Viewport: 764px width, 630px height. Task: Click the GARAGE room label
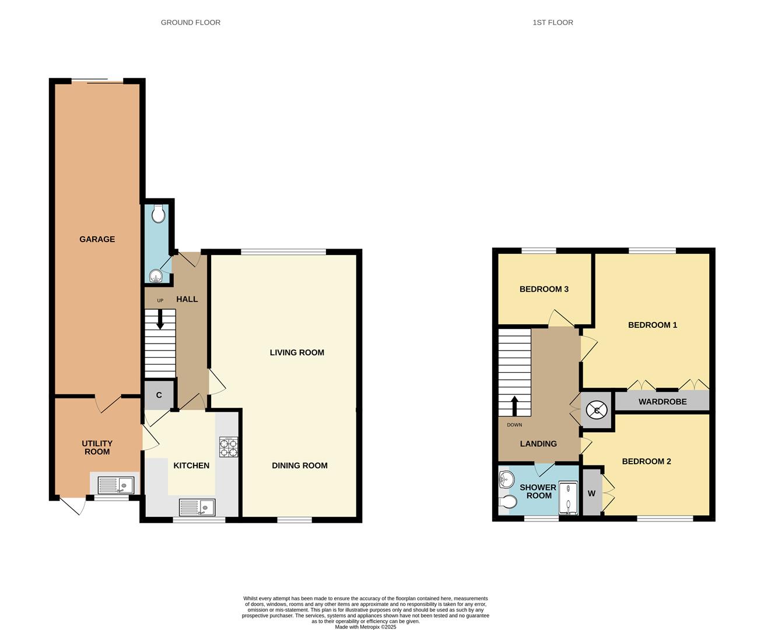click(x=97, y=239)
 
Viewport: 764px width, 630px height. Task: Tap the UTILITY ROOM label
click(x=97, y=447)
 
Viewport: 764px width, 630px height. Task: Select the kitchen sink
click(x=197, y=506)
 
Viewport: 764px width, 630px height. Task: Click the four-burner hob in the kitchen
click(x=228, y=447)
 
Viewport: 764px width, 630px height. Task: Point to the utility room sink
click(x=115, y=485)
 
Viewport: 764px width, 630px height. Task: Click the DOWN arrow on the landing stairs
click(x=514, y=405)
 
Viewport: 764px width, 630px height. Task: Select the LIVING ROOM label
click(x=297, y=352)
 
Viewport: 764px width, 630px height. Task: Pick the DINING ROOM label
click(x=299, y=466)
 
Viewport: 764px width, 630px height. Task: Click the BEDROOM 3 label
click(x=544, y=289)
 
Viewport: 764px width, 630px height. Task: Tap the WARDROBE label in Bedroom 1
click(x=663, y=402)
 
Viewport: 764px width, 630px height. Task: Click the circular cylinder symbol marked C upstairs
click(x=597, y=411)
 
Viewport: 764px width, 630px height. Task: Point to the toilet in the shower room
click(x=507, y=502)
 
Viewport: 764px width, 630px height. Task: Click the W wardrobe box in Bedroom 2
click(x=591, y=494)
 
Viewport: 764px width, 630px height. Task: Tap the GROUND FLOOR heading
click(x=191, y=23)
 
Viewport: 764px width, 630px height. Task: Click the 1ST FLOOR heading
click(x=552, y=23)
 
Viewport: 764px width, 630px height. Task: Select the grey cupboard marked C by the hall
click(x=159, y=395)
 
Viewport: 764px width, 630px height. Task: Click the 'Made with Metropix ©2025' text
click(x=366, y=627)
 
